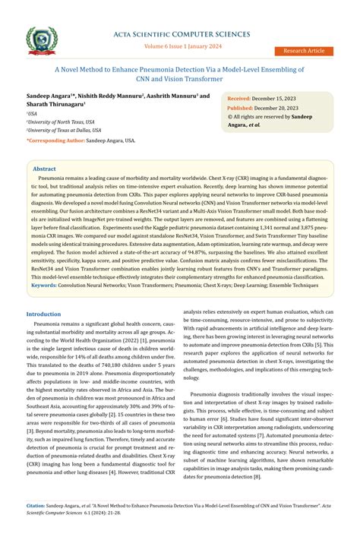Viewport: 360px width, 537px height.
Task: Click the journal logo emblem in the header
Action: tap(41, 40)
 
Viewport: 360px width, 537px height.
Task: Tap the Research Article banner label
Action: tap(304, 51)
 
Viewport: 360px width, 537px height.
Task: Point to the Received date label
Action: tap(239, 100)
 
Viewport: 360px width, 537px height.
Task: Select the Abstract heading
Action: tap(44, 169)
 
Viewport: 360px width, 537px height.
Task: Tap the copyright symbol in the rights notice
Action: tap(230, 118)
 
